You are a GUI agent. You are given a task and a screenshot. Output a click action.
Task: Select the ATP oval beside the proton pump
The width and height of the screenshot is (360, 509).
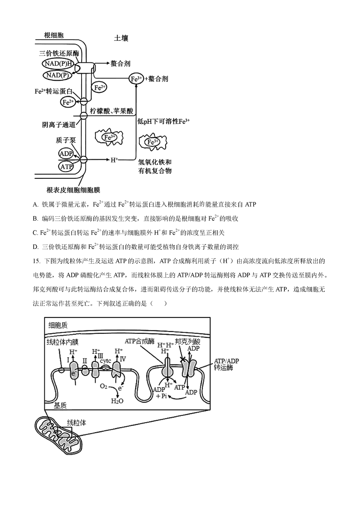[x=66, y=166]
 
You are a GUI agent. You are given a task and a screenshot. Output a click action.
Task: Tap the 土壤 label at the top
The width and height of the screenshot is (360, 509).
[x=121, y=38]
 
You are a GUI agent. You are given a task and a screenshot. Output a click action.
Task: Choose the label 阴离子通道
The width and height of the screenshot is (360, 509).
[x=59, y=124]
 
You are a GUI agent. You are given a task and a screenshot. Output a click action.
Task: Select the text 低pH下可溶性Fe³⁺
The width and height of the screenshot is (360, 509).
[x=163, y=121]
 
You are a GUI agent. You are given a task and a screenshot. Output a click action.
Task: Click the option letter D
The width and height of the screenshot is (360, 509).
[x=35, y=246]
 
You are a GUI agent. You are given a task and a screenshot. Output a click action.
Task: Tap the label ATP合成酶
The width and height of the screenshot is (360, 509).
[x=140, y=341]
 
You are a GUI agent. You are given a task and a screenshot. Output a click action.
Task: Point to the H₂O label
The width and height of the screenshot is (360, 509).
[x=117, y=401]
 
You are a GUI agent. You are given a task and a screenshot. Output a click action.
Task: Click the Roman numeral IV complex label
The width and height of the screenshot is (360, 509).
[x=123, y=359]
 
